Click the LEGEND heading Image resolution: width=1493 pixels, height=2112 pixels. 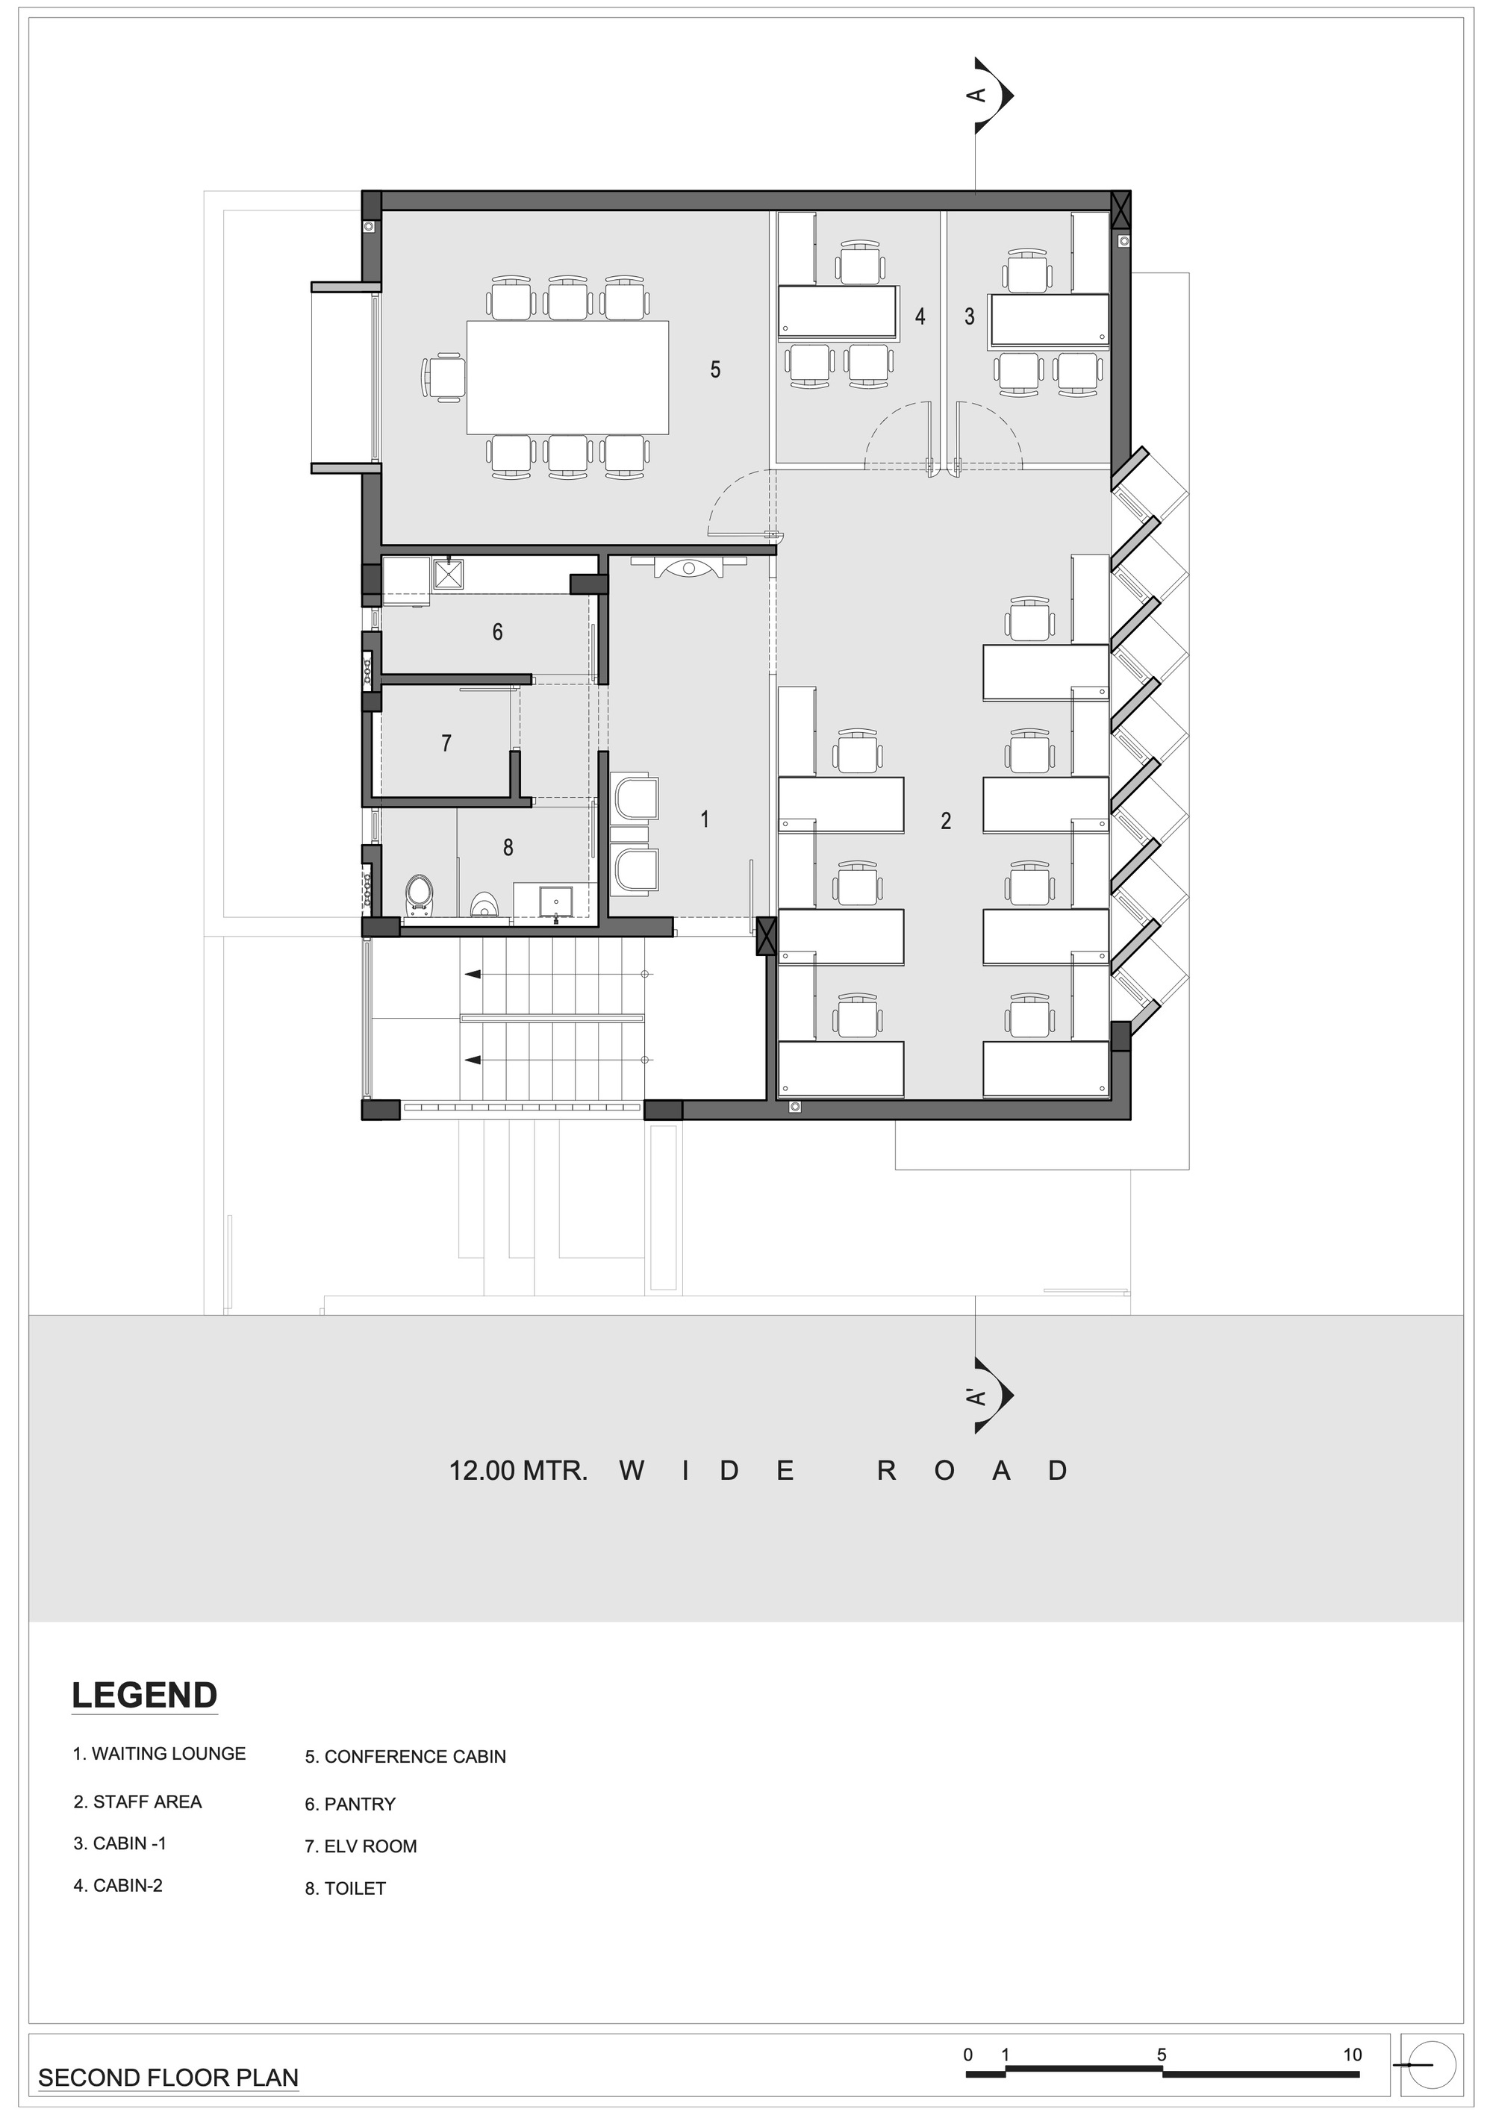coord(144,1696)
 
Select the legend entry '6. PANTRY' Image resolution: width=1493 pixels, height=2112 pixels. coord(351,1805)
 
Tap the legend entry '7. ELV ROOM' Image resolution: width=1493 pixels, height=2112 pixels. coord(361,1846)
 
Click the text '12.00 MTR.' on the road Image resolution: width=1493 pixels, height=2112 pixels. coord(518,1471)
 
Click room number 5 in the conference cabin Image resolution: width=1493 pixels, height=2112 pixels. coord(714,369)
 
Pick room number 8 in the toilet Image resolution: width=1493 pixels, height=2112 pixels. coord(508,847)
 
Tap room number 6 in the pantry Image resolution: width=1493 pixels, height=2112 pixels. coord(498,632)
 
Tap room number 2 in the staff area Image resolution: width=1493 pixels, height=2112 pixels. coord(946,820)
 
